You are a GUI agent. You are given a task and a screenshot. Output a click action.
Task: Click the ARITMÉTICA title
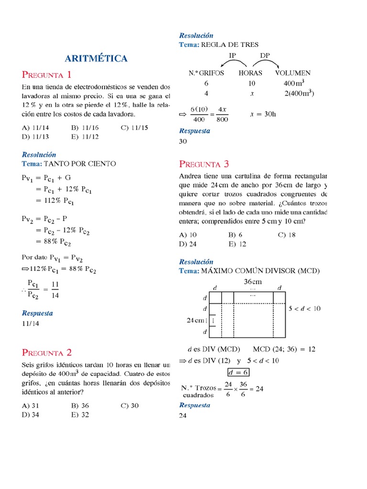click(x=96, y=59)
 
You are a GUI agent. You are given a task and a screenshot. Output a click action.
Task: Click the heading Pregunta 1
click(x=46, y=74)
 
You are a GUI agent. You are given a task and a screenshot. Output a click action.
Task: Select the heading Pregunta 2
click(x=47, y=353)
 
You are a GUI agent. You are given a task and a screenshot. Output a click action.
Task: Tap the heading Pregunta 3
click(x=204, y=164)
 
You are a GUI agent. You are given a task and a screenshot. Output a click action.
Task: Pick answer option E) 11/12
click(x=86, y=137)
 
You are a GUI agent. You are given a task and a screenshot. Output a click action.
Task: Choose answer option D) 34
click(x=32, y=415)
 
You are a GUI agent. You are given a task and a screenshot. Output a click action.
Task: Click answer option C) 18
click(x=287, y=235)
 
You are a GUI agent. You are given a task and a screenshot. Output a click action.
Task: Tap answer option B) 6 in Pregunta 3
click(x=236, y=235)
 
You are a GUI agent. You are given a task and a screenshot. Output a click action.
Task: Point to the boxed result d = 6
click(x=237, y=372)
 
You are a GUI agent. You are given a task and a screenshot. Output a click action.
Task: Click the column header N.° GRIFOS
click(x=206, y=73)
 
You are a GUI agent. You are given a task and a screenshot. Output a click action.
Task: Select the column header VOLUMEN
click(x=293, y=73)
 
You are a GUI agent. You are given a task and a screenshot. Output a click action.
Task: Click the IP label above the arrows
click(x=233, y=55)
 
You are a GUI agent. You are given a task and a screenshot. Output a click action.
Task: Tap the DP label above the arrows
click(x=265, y=55)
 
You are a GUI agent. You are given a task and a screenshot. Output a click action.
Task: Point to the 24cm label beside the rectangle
click(x=196, y=320)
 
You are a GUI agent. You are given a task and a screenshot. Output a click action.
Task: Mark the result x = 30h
click(x=263, y=115)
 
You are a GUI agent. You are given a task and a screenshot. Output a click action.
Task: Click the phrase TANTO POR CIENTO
click(x=80, y=163)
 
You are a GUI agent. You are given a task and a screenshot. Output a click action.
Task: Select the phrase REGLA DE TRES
click(x=230, y=44)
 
